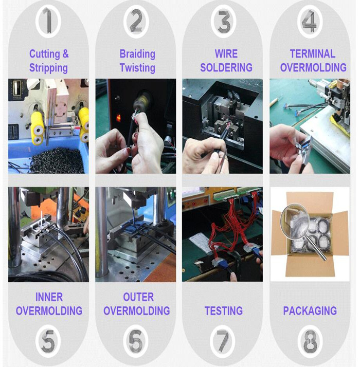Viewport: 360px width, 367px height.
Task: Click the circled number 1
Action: [48, 21]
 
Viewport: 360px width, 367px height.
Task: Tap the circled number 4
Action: [310, 22]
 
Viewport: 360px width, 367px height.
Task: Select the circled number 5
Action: [48, 341]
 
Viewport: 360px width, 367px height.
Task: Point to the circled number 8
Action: [310, 341]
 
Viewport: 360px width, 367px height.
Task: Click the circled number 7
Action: [223, 341]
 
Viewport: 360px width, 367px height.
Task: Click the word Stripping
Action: [48, 68]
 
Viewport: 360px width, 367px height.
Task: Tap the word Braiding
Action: [137, 54]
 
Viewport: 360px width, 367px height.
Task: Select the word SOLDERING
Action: [226, 68]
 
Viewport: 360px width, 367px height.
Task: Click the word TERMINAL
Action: [313, 54]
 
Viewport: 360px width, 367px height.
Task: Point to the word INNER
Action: [49, 297]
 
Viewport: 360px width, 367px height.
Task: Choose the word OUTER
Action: [138, 297]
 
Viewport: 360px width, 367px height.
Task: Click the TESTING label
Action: [224, 311]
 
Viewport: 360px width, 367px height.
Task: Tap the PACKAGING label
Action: [310, 311]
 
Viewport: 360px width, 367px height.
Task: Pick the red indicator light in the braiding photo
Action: [119, 118]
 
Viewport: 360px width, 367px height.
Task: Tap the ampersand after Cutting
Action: [66, 54]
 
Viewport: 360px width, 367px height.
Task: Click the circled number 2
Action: [136, 22]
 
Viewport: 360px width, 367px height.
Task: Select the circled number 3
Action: [223, 22]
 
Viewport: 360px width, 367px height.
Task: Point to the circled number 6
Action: [136, 341]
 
